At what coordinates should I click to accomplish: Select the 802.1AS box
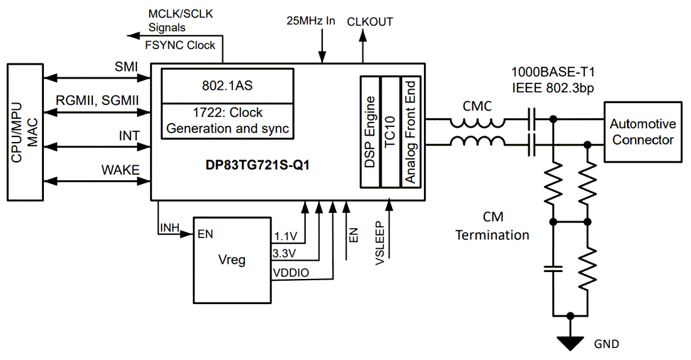click(x=228, y=86)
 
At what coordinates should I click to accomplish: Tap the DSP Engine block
click(x=370, y=132)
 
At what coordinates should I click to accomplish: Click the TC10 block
click(x=390, y=132)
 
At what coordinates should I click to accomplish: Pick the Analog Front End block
click(x=410, y=132)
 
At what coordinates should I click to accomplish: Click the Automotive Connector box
click(x=643, y=132)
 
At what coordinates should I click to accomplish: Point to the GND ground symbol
click(x=570, y=343)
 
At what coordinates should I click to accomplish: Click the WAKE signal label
click(x=121, y=170)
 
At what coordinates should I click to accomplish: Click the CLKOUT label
click(x=370, y=22)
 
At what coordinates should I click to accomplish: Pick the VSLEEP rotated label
click(x=380, y=243)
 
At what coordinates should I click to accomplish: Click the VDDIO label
click(x=290, y=273)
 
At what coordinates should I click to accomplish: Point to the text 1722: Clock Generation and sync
click(x=228, y=121)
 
